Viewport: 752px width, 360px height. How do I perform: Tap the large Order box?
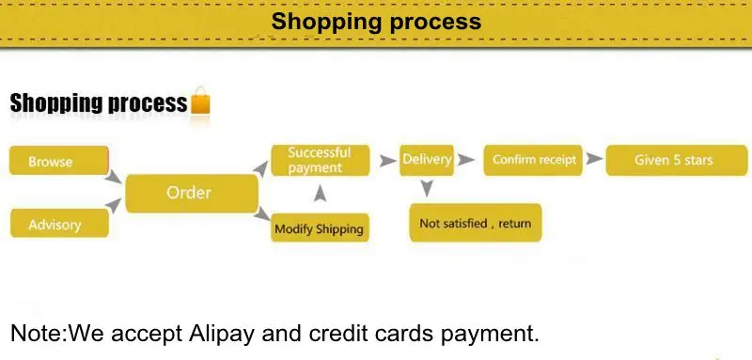[x=191, y=193]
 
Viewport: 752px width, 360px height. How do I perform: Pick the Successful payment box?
[x=320, y=160]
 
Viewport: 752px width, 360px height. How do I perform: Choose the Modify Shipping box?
[x=319, y=228]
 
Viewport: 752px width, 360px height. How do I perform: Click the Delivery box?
[x=427, y=160]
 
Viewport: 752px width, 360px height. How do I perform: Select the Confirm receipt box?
[x=534, y=160]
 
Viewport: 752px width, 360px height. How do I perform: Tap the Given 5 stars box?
[x=676, y=160]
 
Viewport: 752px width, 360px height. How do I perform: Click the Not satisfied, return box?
[x=475, y=223]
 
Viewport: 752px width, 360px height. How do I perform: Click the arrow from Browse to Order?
[x=114, y=176]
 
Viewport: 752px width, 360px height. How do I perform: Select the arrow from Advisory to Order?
[x=114, y=206]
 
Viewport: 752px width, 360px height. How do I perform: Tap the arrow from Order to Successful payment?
[x=262, y=167]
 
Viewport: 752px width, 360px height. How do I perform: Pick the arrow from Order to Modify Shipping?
[x=263, y=215]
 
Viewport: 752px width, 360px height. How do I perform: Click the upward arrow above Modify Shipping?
[x=320, y=194]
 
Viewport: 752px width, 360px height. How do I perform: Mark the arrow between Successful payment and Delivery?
[x=387, y=161]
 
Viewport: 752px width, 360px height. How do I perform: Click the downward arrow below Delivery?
[x=427, y=189]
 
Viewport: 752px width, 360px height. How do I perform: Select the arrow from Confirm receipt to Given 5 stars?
[x=593, y=160]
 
